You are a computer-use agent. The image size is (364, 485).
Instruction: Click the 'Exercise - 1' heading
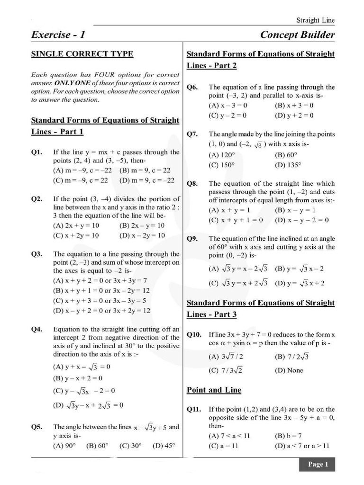58,35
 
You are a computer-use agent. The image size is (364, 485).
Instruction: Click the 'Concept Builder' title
297,35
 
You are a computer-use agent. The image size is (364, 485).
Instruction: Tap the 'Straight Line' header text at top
315,20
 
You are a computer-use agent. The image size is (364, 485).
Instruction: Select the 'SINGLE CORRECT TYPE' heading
82,54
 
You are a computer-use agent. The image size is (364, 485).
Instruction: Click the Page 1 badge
317,464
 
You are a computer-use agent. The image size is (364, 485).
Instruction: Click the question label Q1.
37,152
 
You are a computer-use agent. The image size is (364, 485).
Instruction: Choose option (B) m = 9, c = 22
145,170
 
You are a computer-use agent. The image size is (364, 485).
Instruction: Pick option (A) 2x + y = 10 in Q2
76,225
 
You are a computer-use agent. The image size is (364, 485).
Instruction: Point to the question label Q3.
37,254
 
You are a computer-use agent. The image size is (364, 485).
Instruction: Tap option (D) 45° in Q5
164,445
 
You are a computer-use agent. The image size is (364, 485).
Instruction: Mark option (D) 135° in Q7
288,165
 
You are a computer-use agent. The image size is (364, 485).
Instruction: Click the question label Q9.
192,239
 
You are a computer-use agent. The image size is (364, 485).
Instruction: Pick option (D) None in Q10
289,370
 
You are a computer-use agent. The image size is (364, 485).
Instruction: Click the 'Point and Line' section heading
214,390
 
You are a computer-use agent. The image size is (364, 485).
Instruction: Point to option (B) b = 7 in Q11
288,436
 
